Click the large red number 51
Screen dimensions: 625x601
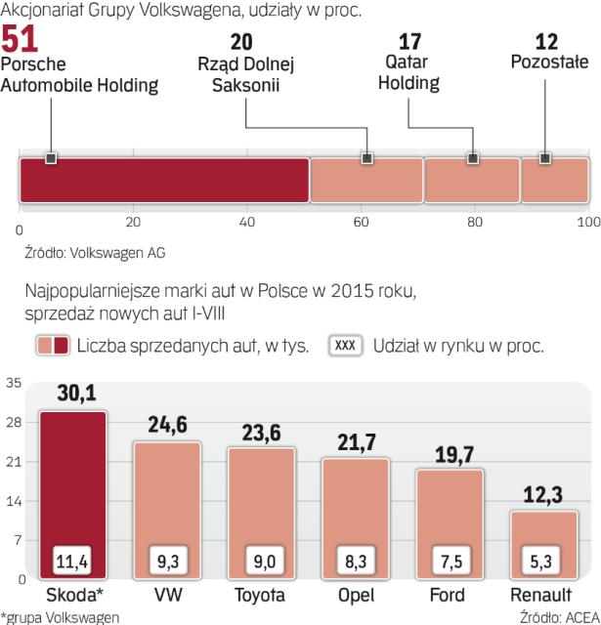pos(21,40)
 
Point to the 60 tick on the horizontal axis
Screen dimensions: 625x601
pos(361,223)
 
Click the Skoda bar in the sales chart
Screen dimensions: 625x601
pos(72,488)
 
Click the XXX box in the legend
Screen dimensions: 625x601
pos(347,346)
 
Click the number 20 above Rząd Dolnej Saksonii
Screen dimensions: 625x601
pos(242,42)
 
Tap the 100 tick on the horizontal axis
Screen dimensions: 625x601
pos(588,223)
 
